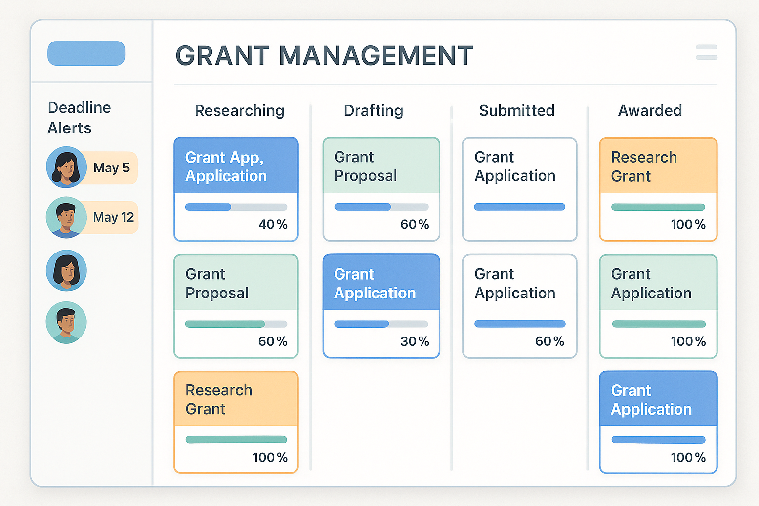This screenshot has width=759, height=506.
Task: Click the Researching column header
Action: [x=239, y=111]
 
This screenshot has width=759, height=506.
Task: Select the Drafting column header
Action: [x=374, y=111]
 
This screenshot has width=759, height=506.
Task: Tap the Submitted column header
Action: [x=517, y=111]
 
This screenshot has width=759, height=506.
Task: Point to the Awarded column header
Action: [x=650, y=111]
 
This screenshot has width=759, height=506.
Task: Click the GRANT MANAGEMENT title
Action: [x=324, y=55]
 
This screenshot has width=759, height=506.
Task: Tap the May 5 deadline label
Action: [x=112, y=168]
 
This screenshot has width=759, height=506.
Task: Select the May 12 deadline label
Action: [x=114, y=217]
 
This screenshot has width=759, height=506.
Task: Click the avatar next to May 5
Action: [x=67, y=167]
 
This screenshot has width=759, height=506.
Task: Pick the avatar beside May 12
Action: [x=67, y=217]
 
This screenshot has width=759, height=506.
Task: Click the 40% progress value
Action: [x=273, y=225]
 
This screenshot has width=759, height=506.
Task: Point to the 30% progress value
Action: [x=415, y=341]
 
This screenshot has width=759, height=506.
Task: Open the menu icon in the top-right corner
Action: [x=706, y=52]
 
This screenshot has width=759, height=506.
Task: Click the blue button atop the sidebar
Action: [x=86, y=53]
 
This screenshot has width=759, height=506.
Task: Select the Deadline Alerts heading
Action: [x=79, y=118]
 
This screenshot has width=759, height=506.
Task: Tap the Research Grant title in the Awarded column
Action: [x=644, y=167]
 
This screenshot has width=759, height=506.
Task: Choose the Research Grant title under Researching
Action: [x=218, y=400]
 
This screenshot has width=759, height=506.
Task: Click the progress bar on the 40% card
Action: [x=236, y=207]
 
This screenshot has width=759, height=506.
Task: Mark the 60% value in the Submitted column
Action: [x=549, y=341]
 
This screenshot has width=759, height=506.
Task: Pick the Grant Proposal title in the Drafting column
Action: [x=365, y=167]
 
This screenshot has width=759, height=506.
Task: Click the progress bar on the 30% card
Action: [x=381, y=324]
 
